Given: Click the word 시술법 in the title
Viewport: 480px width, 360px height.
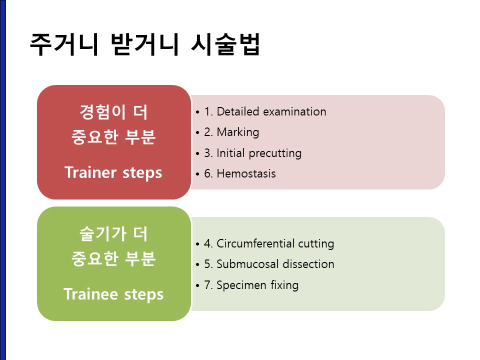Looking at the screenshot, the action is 225,44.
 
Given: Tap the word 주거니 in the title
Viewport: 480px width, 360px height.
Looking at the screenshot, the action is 64,44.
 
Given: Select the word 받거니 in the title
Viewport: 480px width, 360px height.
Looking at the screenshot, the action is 145,44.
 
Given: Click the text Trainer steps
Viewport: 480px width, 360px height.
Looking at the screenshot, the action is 113,172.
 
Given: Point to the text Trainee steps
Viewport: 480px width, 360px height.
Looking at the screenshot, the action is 113,294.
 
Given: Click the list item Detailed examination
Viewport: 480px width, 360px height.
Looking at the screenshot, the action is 265,111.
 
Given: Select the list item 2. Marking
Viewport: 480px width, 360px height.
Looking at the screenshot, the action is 231,132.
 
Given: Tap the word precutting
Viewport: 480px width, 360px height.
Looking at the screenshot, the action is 275,153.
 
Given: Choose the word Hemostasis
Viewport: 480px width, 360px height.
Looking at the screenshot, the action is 246,173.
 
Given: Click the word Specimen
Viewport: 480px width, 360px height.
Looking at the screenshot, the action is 241,285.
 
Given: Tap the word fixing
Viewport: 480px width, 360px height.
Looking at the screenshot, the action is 284,285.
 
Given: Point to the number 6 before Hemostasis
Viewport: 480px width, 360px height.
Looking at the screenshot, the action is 207,173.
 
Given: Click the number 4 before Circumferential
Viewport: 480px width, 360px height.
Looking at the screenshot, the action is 207,243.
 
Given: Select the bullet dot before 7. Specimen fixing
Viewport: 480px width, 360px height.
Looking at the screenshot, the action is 197,286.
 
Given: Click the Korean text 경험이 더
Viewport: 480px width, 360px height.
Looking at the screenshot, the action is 113,112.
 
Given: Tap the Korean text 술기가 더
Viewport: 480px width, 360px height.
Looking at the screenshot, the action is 113,234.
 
